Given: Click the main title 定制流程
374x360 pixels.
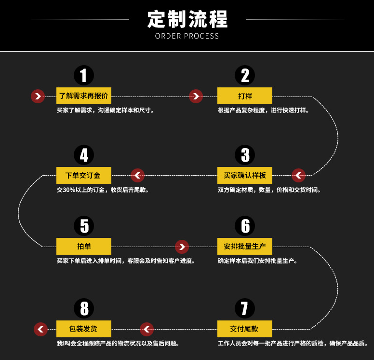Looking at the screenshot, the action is tap(187, 19).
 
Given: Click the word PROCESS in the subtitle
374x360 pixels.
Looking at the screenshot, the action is tap(201, 36).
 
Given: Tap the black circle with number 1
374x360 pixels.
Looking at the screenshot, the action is tap(84, 75).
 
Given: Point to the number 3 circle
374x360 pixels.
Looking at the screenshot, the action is tap(245, 155).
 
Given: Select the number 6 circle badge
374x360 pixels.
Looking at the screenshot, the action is tap(245, 226).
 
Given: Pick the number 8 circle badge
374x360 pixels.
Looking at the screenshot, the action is tap(84, 308).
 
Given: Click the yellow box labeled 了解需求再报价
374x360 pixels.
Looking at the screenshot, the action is tap(84, 96).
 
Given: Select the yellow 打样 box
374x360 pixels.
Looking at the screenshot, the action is tap(245, 96).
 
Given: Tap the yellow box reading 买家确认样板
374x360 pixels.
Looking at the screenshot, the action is tap(245, 175).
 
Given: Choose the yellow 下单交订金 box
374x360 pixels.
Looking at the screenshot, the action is tap(84, 175).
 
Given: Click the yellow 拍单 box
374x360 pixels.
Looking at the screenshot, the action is tap(84, 246).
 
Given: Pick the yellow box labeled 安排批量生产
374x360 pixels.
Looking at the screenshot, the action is tap(245, 246).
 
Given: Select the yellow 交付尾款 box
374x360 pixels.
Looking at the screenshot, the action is tap(245, 329).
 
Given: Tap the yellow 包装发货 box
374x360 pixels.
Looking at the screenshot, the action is tap(84, 329).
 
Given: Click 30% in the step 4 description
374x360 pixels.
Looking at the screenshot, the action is tap(69, 190).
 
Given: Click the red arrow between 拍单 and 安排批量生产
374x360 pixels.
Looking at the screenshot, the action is tap(182, 247).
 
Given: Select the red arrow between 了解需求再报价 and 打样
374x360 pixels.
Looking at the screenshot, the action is tap(196, 96).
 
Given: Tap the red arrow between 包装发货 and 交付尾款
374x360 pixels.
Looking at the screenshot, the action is tap(147, 330).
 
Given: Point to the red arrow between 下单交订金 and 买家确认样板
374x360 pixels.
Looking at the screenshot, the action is tap(137, 176).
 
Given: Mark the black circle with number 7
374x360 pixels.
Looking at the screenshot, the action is tap(245, 308).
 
